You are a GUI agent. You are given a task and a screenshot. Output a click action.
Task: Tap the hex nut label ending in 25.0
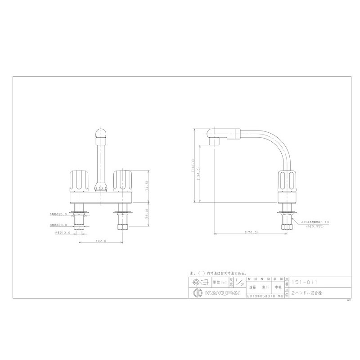coord(58,214)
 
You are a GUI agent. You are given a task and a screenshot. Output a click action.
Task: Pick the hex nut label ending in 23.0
coord(58,225)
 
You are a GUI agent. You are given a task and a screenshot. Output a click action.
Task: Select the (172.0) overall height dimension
coord(193,166)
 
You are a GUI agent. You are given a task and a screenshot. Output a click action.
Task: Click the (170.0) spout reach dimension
coord(250,233)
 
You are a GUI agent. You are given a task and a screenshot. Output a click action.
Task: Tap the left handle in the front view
coord(78,180)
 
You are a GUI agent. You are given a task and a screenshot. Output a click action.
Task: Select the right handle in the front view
coord(123,180)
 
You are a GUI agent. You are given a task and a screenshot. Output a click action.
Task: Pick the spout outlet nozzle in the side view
coord(213,142)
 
